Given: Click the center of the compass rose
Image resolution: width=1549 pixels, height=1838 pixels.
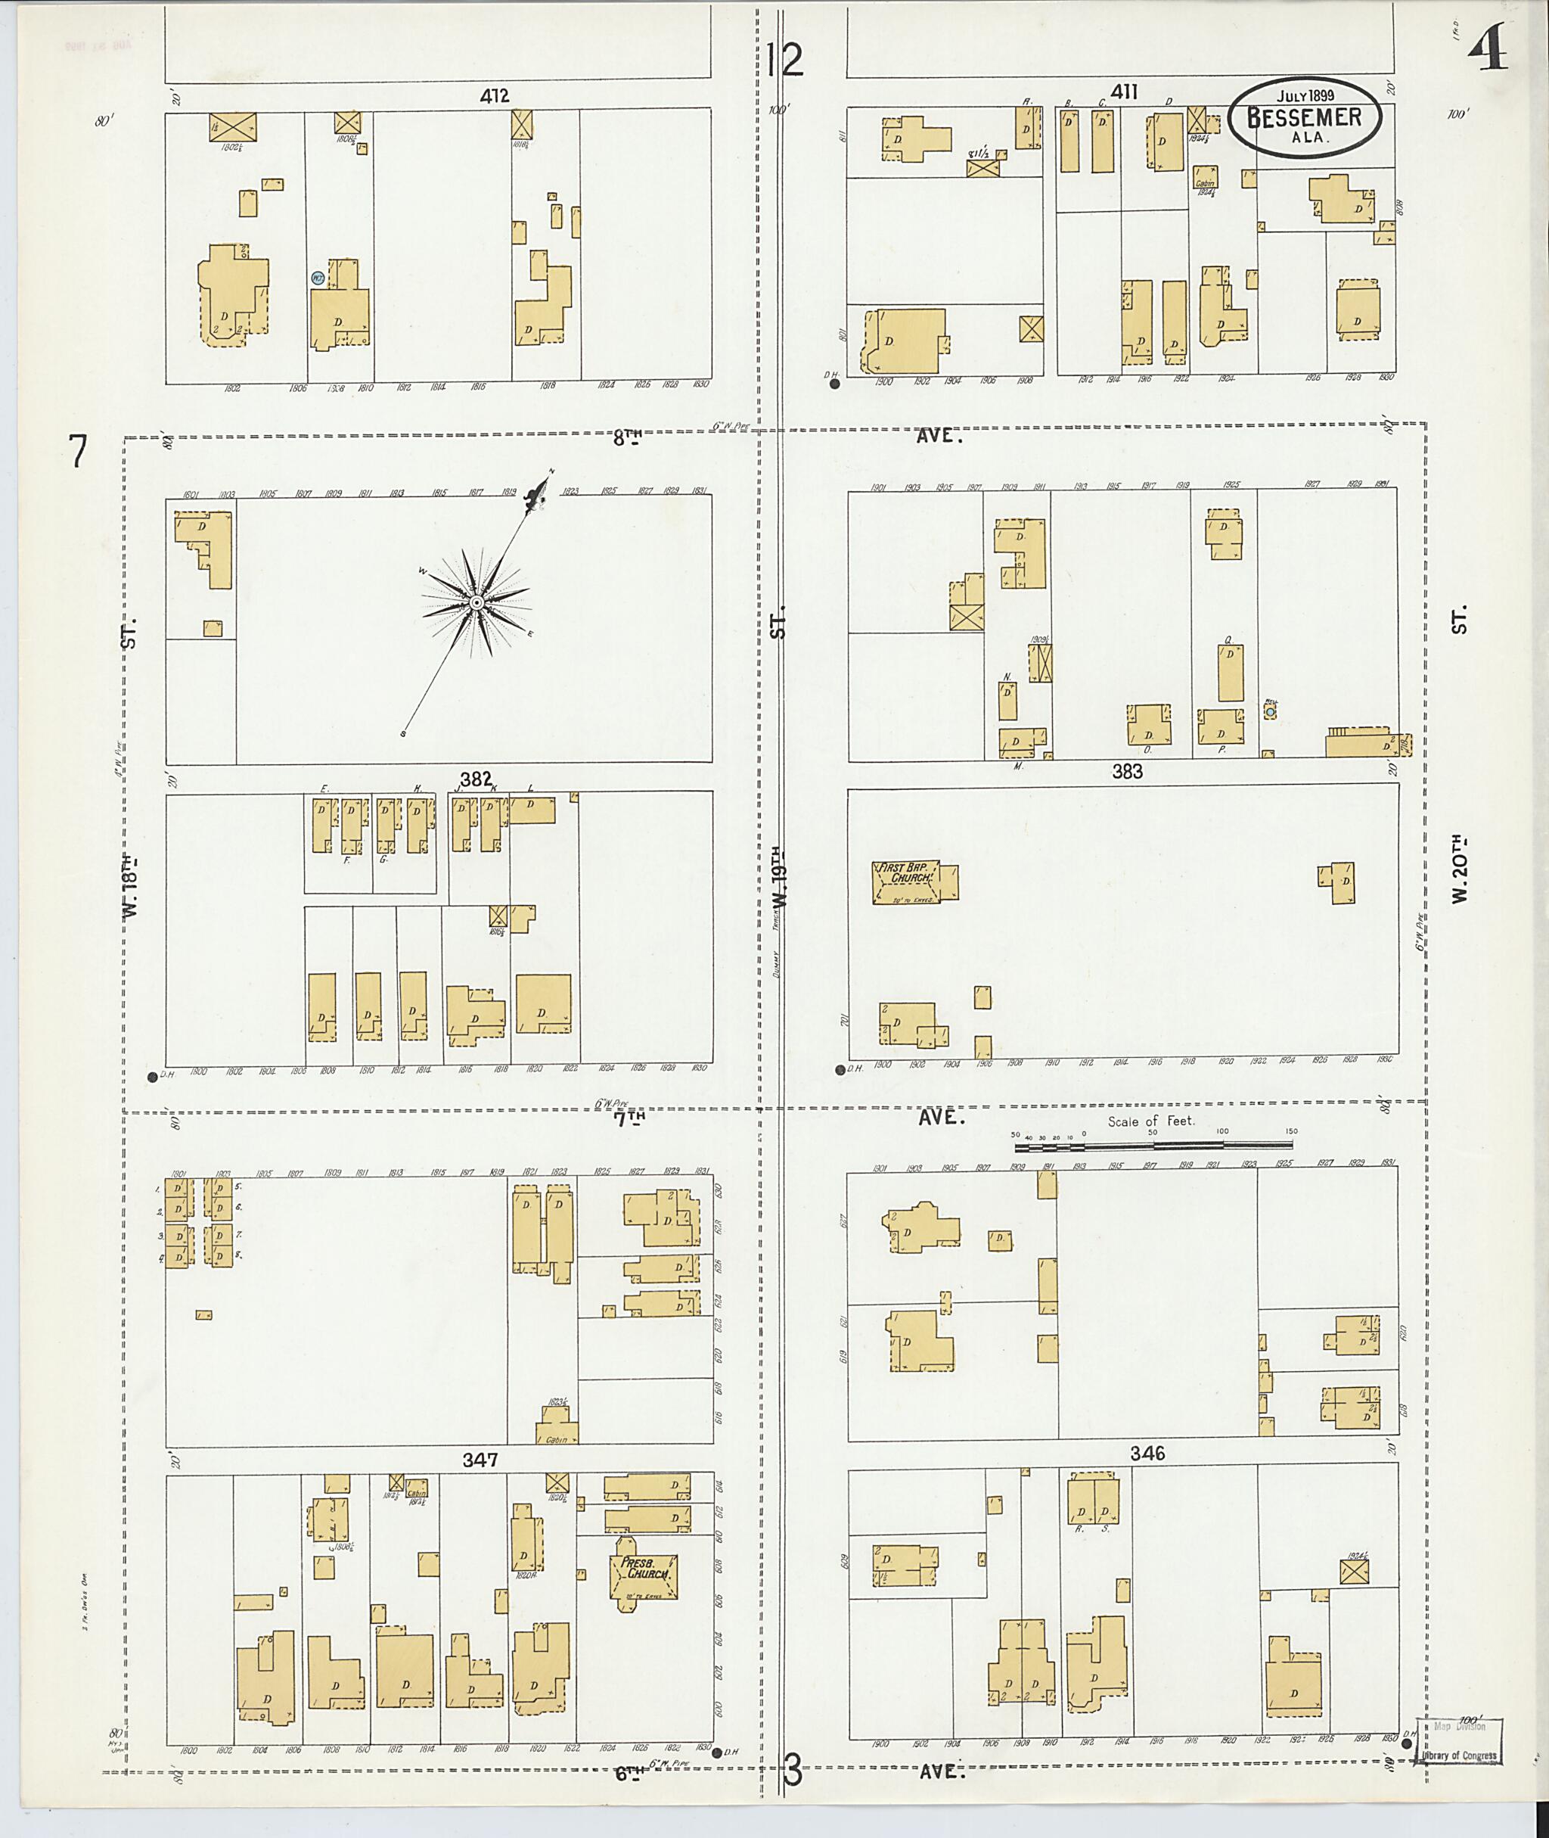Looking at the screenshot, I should click(x=475, y=602).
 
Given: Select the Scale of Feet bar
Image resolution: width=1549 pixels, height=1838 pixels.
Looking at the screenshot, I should click(x=1153, y=1146).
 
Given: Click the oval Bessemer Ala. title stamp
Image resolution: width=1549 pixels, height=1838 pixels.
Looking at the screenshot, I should click(x=1304, y=119).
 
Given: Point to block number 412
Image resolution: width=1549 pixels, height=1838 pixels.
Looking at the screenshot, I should click(x=495, y=96).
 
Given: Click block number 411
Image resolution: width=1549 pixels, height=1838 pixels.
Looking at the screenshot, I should click(x=1124, y=92).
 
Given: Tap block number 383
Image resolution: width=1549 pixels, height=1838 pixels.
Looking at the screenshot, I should click(x=1127, y=771).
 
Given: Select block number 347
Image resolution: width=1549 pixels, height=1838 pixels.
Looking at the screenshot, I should click(x=480, y=1460).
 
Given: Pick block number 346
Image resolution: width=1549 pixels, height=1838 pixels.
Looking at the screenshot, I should click(x=1147, y=1453).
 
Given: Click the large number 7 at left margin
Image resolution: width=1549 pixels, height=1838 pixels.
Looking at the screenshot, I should click(x=79, y=452).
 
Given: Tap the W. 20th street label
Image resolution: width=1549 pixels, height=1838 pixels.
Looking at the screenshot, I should click(x=1460, y=869).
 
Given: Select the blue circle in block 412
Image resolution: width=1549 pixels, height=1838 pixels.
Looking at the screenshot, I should click(x=318, y=278).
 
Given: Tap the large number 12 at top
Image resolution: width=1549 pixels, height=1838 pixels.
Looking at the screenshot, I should click(x=784, y=60).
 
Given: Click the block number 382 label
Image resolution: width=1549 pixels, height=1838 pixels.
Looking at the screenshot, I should click(x=475, y=779).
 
